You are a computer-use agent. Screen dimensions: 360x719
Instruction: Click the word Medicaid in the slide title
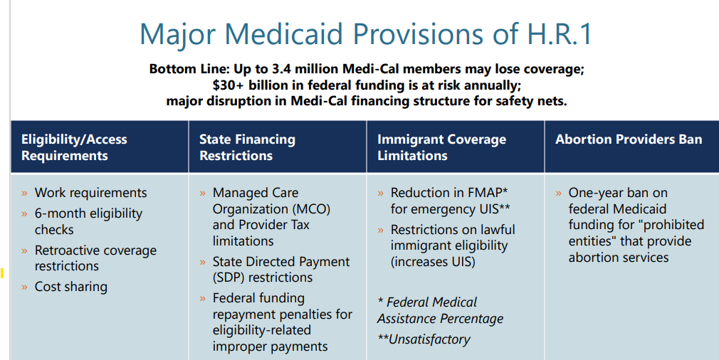coord(300,33)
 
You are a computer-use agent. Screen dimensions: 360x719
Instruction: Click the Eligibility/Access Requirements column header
coord(74,147)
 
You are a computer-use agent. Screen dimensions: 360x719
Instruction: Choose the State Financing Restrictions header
coord(247,147)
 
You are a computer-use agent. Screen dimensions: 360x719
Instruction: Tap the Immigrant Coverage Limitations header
coord(441,147)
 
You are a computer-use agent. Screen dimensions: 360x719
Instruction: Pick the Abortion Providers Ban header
coord(629,139)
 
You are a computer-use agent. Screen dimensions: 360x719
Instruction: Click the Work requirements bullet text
coord(90,193)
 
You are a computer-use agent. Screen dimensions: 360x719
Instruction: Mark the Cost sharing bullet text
coord(71,287)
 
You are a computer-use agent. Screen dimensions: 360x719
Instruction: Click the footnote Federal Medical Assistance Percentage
coord(440,310)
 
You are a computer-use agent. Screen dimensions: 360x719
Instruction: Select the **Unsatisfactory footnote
coord(424,339)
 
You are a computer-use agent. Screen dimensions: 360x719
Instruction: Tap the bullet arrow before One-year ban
coord(559,194)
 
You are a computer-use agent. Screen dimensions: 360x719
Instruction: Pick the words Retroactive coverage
coord(95,250)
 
